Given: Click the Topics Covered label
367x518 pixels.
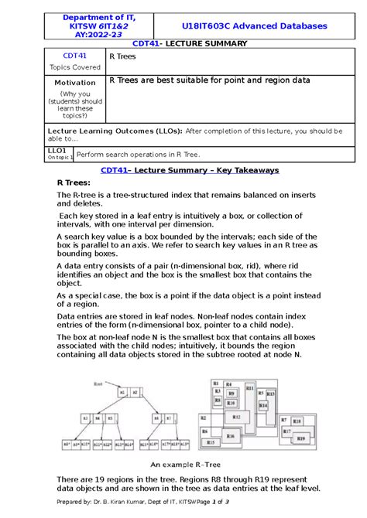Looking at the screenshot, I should [74, 66].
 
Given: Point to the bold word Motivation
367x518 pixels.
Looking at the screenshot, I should [75, 82].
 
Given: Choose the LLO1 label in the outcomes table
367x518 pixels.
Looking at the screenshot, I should [57, 150].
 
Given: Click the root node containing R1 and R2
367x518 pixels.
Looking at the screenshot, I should [127, 393].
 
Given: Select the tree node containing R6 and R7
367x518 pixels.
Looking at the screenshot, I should [172, 417].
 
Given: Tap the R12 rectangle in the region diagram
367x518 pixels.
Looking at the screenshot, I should [237, 417].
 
